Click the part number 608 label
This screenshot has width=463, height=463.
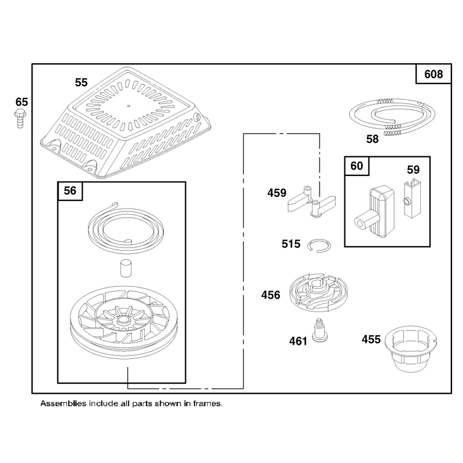433,74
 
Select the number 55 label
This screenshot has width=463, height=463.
81,82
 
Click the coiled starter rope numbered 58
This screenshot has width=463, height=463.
392,116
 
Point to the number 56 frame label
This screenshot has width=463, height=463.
70,191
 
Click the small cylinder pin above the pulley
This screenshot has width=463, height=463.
126,268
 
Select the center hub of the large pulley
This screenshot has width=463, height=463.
123,320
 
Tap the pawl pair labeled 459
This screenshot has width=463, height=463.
311,202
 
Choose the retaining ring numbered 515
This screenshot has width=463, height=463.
319,245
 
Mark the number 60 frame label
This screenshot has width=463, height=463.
357,166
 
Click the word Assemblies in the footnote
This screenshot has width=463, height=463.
63,403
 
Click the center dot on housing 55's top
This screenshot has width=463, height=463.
128,106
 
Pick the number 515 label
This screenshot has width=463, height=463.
291,244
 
